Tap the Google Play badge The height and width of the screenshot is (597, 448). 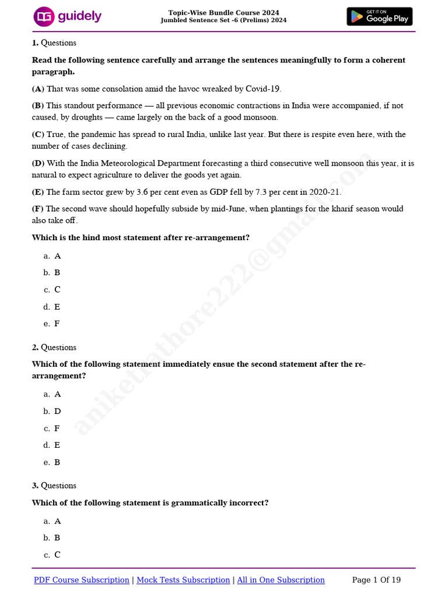pos(379,16)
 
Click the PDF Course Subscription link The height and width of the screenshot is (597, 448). pos(82,580)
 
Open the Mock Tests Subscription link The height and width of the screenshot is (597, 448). pos(183,580)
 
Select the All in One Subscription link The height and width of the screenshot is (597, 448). pos(281,580)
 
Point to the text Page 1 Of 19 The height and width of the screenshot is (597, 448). pos(376,580)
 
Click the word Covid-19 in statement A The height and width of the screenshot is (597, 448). pos(263,89)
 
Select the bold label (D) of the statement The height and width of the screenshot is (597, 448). pos(38,163)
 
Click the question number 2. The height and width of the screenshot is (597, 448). pos(35,347)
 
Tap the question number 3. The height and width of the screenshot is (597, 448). pos(35,486)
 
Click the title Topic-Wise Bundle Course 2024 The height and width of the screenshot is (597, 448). pos(223,13)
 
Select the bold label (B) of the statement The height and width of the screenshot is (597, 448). pos(38,106)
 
